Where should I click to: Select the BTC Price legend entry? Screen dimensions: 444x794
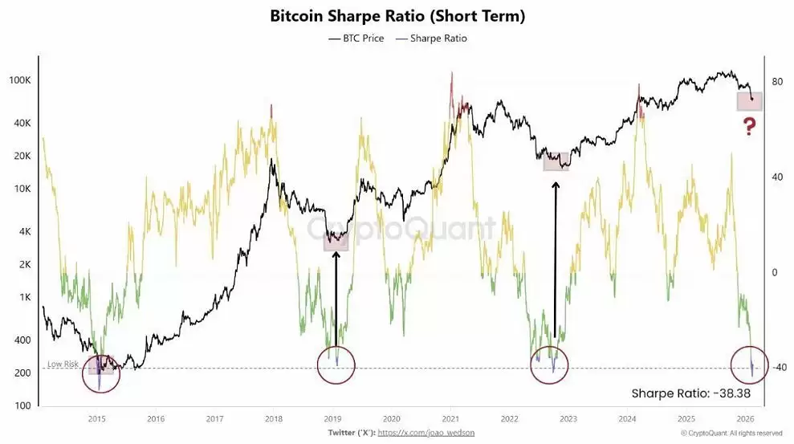[356, 38]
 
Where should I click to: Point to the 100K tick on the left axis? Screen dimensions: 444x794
[20, 81]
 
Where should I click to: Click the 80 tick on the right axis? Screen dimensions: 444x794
[777, 81]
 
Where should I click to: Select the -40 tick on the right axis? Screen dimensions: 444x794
[777, 368]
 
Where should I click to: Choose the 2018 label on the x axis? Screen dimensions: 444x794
[274, 418]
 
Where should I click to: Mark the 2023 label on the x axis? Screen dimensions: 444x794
[568, 418]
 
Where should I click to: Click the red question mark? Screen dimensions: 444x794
[749, 126]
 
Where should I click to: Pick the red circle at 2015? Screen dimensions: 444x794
[101, 373]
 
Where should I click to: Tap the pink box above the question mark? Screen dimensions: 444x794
[749, 101]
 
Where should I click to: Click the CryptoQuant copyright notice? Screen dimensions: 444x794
[731, 433]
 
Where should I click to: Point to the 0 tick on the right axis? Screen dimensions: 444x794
[775, 273]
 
